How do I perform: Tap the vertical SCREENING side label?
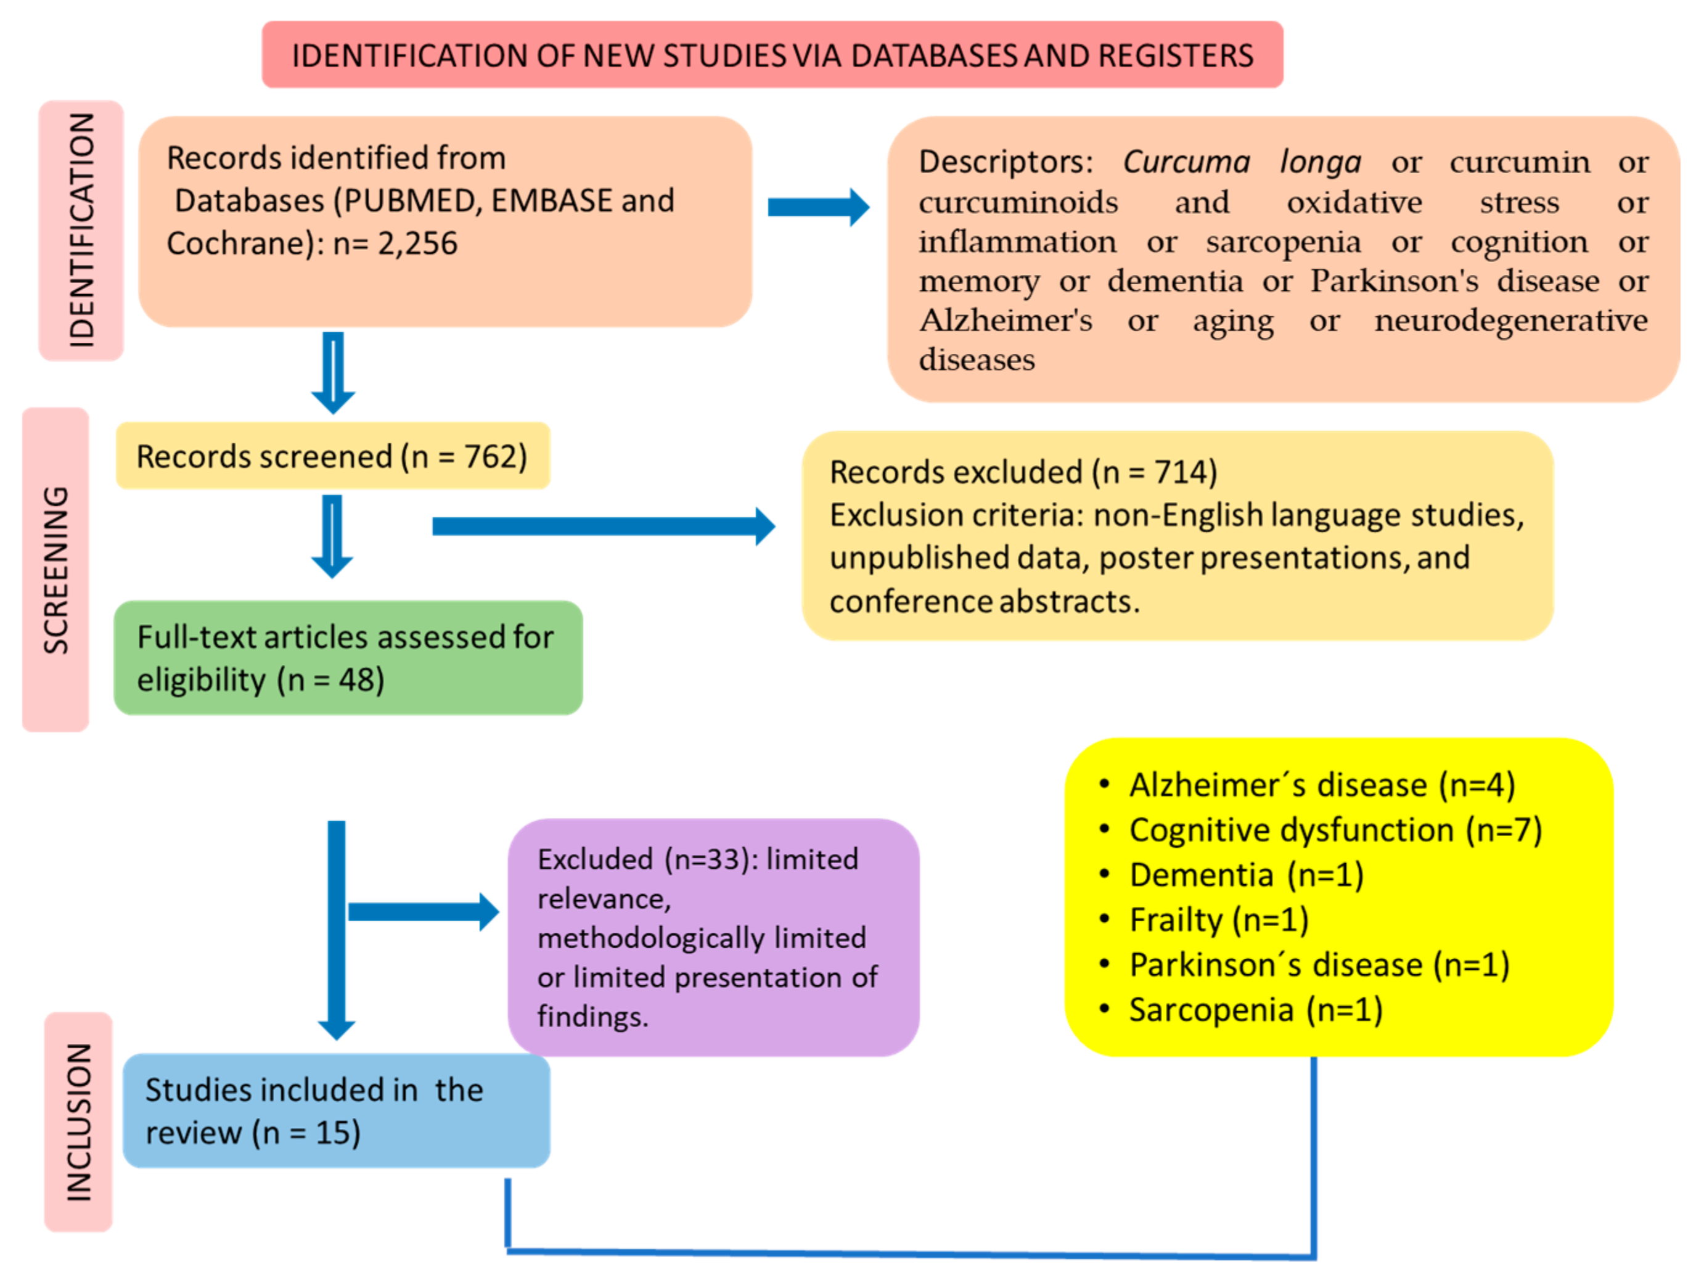click(x=55, y=570)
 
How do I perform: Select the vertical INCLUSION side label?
click(x=78, y=1122)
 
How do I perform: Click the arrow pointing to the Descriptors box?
click(x=818, y=207)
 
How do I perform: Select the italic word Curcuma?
click(x=1186, y=162)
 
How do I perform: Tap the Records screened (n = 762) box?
click(x=332, y=456)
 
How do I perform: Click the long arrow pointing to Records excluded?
click(x=602, y=527)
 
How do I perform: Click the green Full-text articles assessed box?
click(x=348, y=658)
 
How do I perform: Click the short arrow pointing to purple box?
click(x=422, y=913)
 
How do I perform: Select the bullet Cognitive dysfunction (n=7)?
click(x=1335, y=830)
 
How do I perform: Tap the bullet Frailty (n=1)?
click(x=1219, y=920)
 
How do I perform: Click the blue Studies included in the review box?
click(x=336, y=1111)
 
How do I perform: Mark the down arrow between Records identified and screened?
click(x=333, y=372)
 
